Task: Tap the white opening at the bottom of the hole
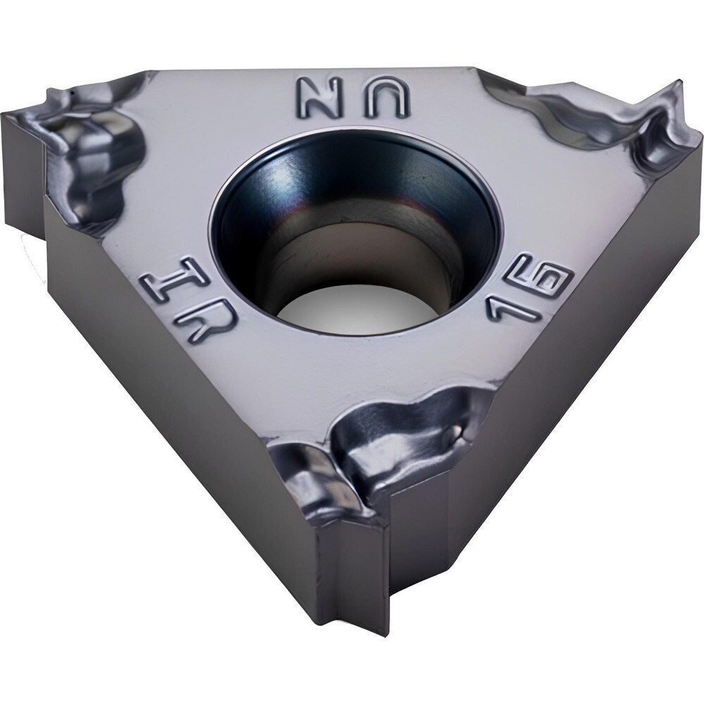(x=354, y=309)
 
